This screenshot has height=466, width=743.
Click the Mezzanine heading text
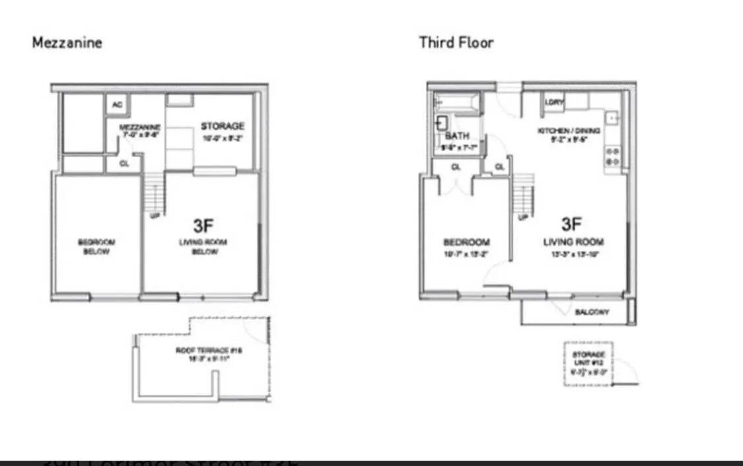click(67, 43)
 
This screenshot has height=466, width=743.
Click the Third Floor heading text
click(456, 43)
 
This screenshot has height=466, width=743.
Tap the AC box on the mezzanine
click(117, 104)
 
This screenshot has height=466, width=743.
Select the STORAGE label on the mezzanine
click(223, 126)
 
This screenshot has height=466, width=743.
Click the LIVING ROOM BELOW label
click(203, 247)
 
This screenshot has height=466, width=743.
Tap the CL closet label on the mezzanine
click(124, 164)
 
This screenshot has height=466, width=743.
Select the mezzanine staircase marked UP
click(154, 191)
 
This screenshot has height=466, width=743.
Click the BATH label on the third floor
click(457, 135)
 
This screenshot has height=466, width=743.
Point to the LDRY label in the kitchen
click(554, 102)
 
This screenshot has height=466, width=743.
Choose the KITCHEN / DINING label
click(569, 131)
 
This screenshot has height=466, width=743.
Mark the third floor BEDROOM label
click(466, 242)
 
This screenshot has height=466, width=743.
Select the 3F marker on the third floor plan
click(572, 224)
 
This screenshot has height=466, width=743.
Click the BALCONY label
click(592, 312)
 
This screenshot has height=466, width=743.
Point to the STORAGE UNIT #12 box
click(588, 364)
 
